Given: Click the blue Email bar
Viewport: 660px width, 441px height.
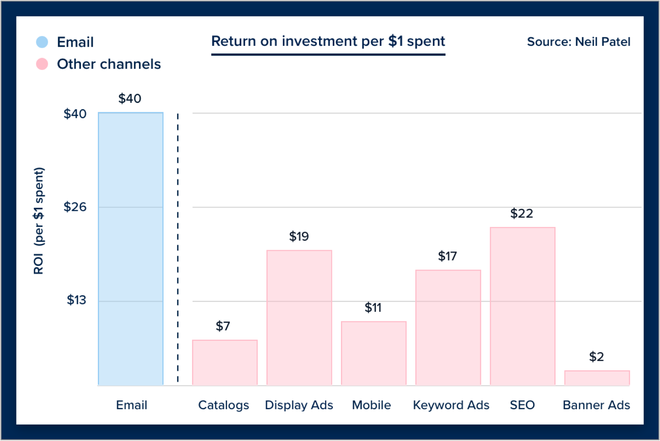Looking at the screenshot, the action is (130, 249).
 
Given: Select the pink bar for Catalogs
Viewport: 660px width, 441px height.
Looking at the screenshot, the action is (225, 362).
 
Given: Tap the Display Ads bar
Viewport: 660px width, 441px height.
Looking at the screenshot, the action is (299, 318).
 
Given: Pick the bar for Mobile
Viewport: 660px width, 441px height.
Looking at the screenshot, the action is (374, 353).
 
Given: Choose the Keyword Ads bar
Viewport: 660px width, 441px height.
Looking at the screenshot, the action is (448, 328).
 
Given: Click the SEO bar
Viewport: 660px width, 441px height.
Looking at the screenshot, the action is (522, 306).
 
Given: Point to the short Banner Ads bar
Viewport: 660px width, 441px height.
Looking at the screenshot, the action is (597, 378).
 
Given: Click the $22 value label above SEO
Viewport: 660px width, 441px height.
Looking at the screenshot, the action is (522, 213).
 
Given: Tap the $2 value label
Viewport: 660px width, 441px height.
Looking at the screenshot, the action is (597, 357).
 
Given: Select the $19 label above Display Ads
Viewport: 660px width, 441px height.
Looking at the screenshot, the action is (299, 236).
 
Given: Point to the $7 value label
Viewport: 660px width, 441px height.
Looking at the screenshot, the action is (223, 326).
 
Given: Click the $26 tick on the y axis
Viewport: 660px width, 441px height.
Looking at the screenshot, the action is (75, 207).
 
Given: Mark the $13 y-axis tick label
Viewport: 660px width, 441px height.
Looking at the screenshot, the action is (77, 300).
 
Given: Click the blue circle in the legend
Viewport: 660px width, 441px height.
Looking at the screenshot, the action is (42, 42).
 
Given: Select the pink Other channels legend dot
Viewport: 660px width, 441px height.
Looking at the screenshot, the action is (42, 64).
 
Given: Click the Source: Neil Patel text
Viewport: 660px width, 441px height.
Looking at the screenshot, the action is (579, 42).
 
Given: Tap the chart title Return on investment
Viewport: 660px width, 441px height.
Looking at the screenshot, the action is (328, 41).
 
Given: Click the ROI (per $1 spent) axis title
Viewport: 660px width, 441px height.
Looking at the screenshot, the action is (39, 221).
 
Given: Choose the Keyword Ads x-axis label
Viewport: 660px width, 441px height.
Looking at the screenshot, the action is (451, 405).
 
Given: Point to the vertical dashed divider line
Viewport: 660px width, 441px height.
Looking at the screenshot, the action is (178, 248).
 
